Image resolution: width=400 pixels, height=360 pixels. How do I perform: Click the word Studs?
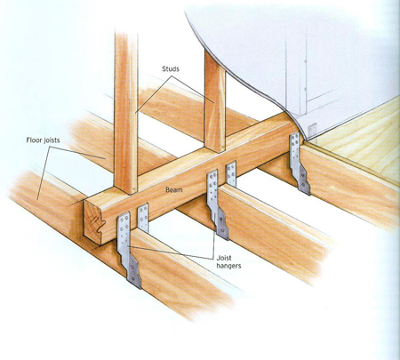(x=171, y=69)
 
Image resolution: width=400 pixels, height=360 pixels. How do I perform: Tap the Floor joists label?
(x=43, y=140)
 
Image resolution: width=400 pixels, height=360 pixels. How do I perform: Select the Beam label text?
(x=174, y=190)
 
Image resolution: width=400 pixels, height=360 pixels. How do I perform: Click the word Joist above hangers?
(x=224, y=258)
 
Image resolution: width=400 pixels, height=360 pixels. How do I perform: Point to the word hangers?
(x=228, y=266)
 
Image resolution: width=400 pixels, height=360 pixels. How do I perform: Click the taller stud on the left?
(x=126, y=113)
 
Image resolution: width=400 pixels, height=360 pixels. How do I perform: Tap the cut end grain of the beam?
(x=93, y=220)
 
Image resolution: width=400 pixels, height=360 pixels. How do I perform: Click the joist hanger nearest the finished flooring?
(x=300, y=163)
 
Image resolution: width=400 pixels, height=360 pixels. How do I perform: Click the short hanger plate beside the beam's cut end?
(x=143, y=218)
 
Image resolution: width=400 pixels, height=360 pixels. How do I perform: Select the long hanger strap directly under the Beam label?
(x=217, y=204)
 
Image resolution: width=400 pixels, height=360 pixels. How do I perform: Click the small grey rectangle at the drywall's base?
(x=312, y=130)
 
